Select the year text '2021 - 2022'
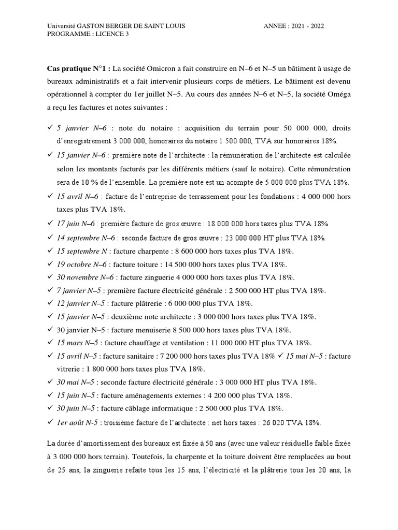tap(307, 26)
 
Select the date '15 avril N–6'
tap(78, 197)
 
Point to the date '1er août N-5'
tap(77, 422)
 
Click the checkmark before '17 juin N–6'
tap(50, 224)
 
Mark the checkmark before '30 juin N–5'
tap(50, 409)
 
